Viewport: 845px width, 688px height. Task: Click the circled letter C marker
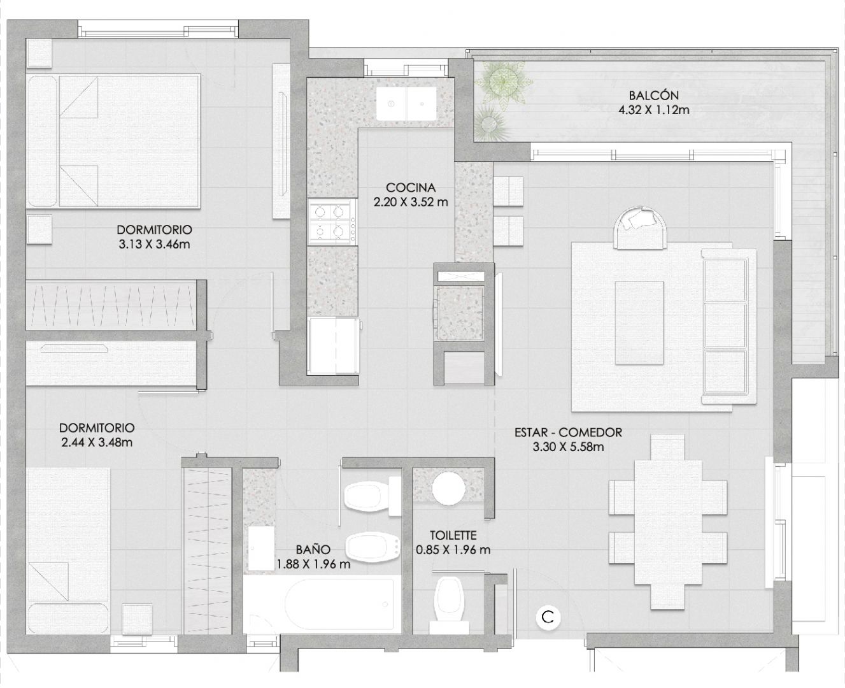[548, 617]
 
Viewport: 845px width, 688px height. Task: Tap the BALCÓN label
[653, 95]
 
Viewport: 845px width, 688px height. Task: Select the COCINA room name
[411, 187]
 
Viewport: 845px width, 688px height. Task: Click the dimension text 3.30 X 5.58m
[568, 447]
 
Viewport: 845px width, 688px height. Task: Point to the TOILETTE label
[453, 535]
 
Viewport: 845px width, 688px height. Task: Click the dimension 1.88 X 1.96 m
[313, 564]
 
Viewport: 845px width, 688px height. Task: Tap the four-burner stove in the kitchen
[332, 222]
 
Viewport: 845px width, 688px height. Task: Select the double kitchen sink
[406, 104]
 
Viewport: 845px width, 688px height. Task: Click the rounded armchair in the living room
[641, 228]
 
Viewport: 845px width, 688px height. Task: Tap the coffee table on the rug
[639, 322]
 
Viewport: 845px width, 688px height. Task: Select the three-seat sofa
[728, 327]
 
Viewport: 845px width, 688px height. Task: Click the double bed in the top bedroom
[113, 141]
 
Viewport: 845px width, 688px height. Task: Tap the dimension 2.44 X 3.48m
[97, 442]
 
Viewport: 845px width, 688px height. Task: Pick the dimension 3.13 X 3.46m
[154, 244]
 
